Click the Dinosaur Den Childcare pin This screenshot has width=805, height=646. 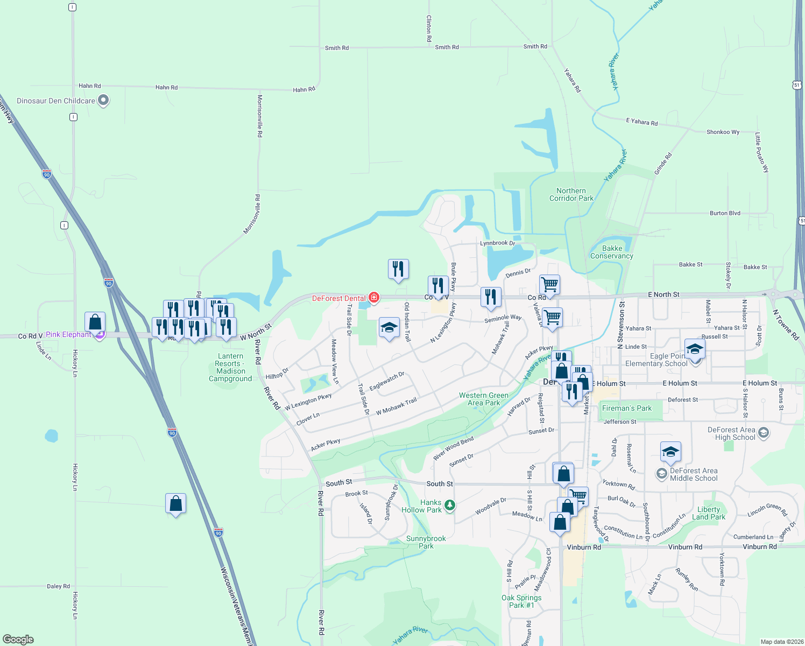(104, 101)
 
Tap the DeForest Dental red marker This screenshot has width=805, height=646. (374, 298)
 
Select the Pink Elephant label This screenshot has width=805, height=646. (68, 334)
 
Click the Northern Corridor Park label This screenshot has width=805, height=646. (571, 194)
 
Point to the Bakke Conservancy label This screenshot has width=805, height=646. (612, 252)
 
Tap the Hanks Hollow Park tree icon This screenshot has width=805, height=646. (450, 505)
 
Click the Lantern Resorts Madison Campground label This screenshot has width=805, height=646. (230, 367)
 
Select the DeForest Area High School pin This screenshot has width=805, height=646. (763, 432)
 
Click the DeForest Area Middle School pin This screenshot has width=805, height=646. (661, 473)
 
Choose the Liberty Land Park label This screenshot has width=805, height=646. (708, 513)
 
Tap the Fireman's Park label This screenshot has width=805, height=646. (627, 408)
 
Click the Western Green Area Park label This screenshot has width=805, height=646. (483, 399)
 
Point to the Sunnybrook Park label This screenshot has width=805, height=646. (426, 542)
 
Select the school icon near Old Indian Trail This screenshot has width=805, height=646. (389, 328)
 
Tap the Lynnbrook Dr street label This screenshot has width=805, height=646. (497, 243)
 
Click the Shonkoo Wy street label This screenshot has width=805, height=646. (722, 132)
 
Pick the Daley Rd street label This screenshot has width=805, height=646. (58, 586)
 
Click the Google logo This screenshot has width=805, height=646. (18, 639)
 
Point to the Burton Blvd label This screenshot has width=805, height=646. (724, 213)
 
